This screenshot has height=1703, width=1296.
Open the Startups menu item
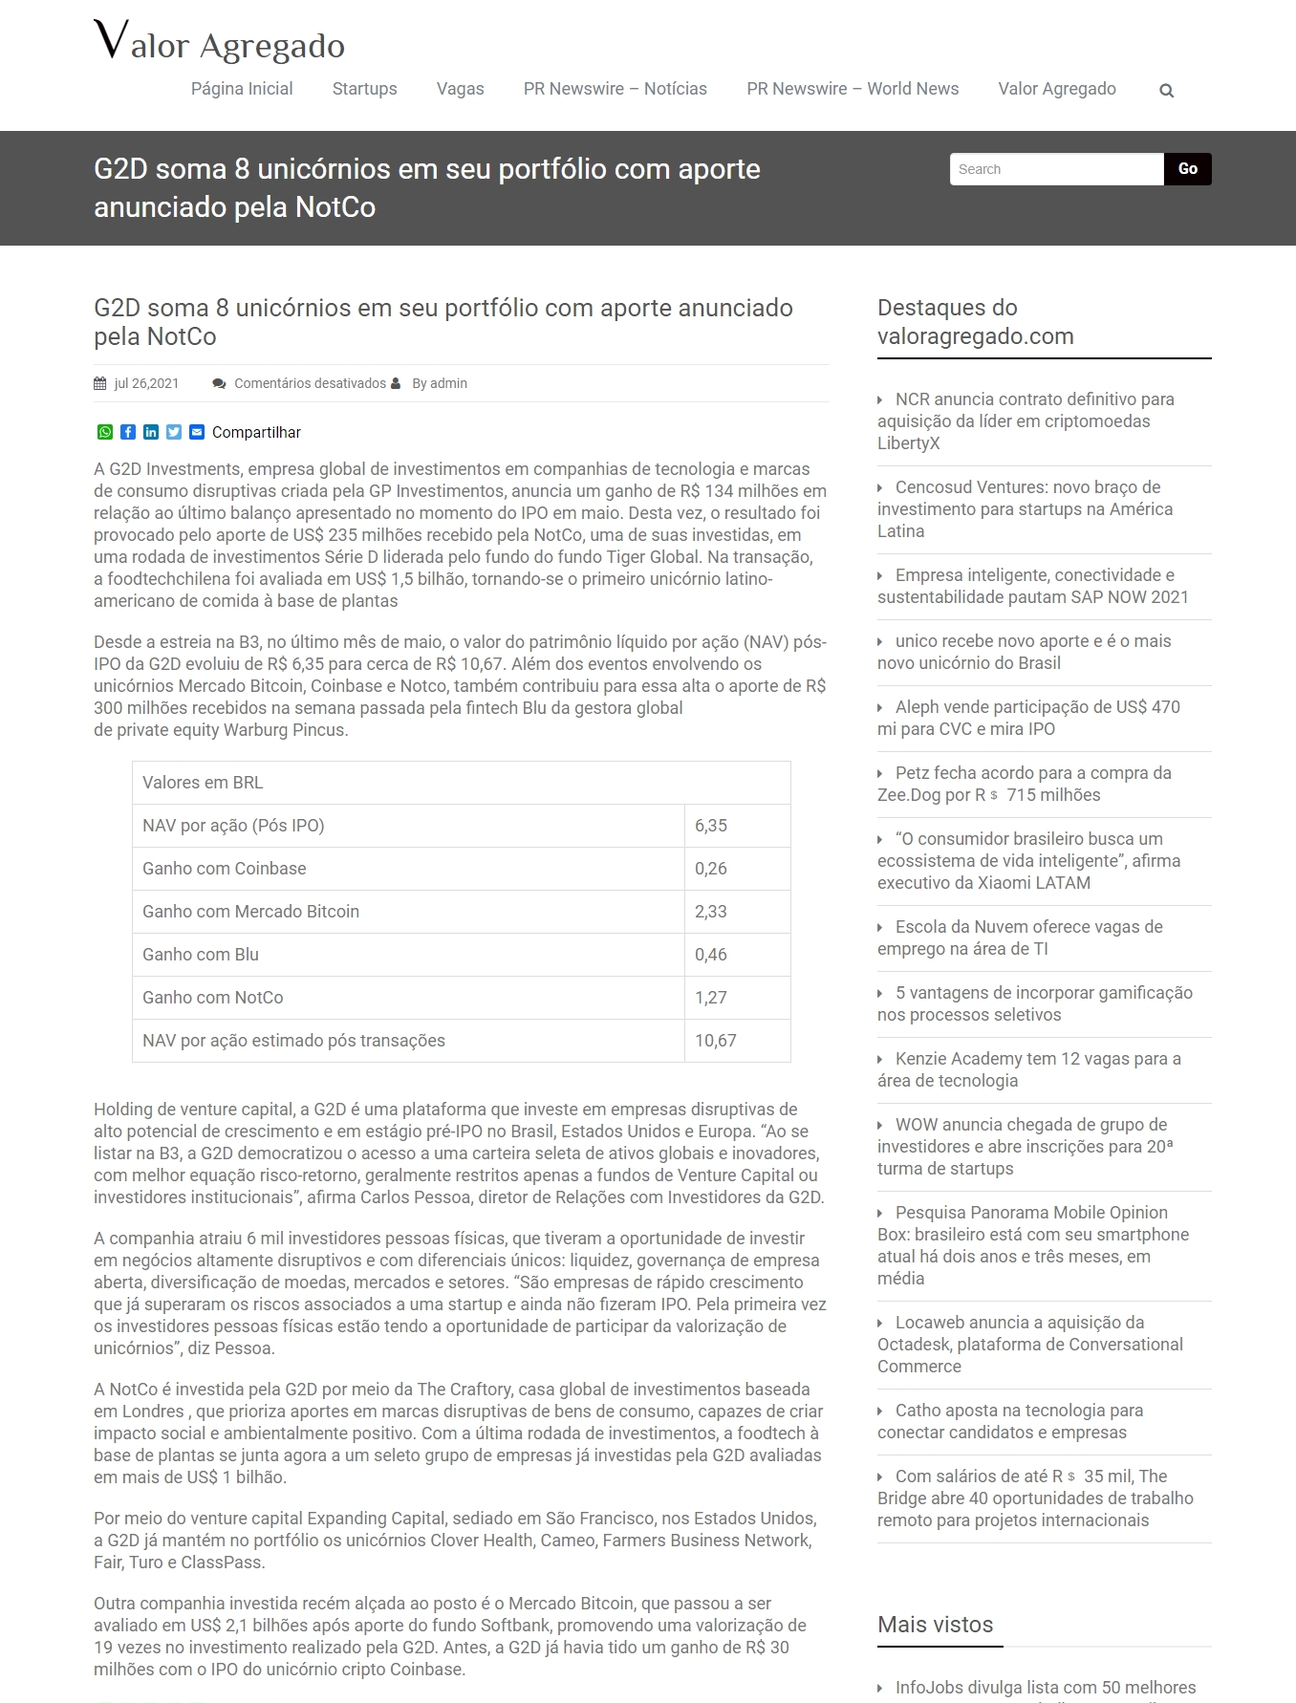pyautogui.click(x=364, y=89)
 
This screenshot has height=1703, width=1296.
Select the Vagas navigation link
pyautogui.click(x=460, y=89)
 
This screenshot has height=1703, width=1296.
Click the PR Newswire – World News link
pyautogui.click(x=853, y=89)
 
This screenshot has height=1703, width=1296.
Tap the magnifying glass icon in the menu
pyautogui.click(x=1166, y=91)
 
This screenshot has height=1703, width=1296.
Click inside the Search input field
pyautogui.click(x=1056, y=169)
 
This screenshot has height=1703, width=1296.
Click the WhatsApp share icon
pyautogui.click(x=105, y=432)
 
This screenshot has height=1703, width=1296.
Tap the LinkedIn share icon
pyautogui.click(x=151, y=432)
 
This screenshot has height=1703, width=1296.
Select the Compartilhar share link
pyautogui.click(x=256, y=433)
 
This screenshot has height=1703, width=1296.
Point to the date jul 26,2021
pyautogui.click(x=146, y=383)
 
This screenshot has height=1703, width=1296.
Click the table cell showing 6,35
pyautogui.click(x=711, y=826)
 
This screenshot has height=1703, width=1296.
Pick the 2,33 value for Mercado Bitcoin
pyautogui.click(x=711, y=912)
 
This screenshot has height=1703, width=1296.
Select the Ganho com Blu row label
pyautogui.click(x=201, y=955)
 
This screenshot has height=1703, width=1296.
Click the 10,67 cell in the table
pyautogui.click(x=716, y=1041)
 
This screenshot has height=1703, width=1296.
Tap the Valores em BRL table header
pyautogui.click(x=203, y=783)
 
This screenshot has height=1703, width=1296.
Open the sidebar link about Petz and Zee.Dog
pyautogui.click(x=1024, y=784)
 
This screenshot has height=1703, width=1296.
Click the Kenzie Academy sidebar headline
pyautogui.click(x=1030, y=1069)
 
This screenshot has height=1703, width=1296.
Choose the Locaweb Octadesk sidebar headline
pyautogui.click(x=1029, y=1344)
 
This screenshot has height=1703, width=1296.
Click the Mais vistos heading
pyautogui.click(x=936, y=1625)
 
